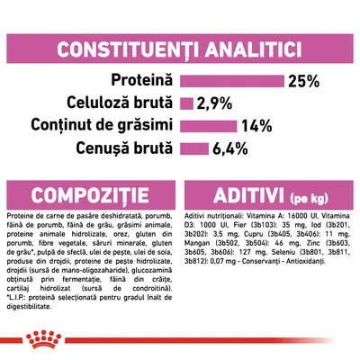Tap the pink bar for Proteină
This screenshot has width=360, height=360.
[232, 80]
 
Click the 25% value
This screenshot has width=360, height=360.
[302, 81]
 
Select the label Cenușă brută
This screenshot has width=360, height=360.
[124, 147]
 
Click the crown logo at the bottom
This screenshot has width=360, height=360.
[180, 340]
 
